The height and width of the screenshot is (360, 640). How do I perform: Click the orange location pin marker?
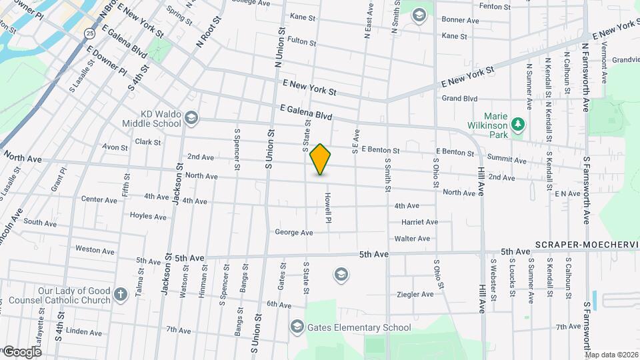click(x=321, y=159)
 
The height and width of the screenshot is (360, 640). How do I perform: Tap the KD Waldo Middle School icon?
click(x=192, y=117)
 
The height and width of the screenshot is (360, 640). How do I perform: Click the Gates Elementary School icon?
click(x=297, y=327)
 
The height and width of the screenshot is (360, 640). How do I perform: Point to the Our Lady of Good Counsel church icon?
click(x=120, y=295)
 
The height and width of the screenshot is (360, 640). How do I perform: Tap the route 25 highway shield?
click(x=90, y=31)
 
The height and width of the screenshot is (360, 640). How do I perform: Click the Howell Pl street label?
click(x=328, y=207)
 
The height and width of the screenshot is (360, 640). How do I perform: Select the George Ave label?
click(x=293, y=233)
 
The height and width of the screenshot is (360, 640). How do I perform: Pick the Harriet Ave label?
click(x=419, y=222)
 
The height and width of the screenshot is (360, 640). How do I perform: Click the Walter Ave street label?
click(x=412, y=238)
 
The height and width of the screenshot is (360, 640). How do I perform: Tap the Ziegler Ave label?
click(x=415, y=294)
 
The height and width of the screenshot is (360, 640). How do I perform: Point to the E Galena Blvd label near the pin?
click(x=306, y=112)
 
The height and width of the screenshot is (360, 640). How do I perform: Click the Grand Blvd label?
click(x=460, y=99)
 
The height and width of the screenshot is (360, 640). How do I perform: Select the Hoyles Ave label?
click(x=148, y=216)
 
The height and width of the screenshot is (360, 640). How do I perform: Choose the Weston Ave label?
click(x=96, y=250)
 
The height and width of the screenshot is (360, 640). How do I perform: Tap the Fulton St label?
click(x=302, y=41)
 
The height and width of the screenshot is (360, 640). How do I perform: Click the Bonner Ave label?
click(x=460, y=21)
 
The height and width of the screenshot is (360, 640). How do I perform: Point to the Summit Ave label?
click(x=507, y=161)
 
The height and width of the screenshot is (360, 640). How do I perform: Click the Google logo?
click(x=22, y=351)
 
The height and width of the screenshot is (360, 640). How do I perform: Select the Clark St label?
click(x=147, y=142)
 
